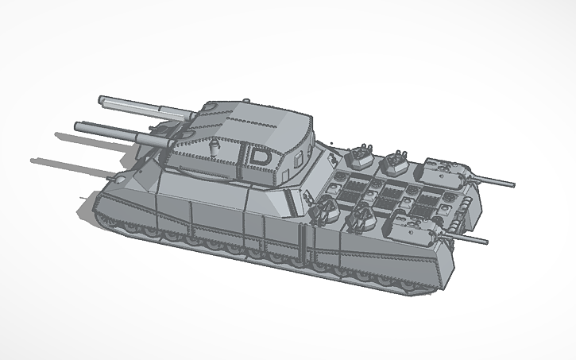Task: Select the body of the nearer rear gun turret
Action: pos(420,228)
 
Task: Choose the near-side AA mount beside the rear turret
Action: pos(362,216)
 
